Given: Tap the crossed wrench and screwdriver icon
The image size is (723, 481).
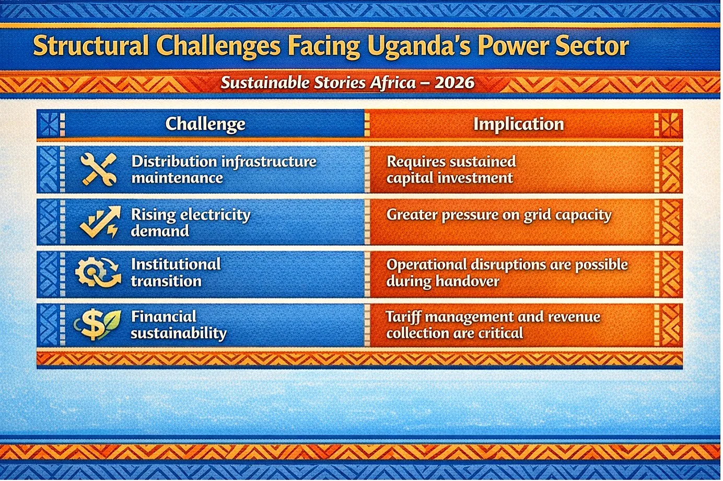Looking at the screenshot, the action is coord(98,170).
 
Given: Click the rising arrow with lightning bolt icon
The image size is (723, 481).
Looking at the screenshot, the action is coord(100,222).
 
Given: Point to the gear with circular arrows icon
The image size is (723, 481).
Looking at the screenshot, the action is coord(98,272).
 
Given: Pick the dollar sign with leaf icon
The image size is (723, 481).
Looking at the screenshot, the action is coord(97,324).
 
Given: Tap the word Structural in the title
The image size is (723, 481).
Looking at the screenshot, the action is coord(91,46).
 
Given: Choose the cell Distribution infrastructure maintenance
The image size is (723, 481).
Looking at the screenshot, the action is coord(224,170).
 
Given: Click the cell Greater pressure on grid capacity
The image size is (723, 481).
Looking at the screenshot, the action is coord(499,215).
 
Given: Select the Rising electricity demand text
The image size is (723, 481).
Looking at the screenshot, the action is coord(191,223).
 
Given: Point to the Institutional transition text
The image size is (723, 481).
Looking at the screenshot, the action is coord(176,273).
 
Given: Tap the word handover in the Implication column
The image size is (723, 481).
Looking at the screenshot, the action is coord(468,281).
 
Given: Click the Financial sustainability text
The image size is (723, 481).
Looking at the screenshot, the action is coord(179,325).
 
